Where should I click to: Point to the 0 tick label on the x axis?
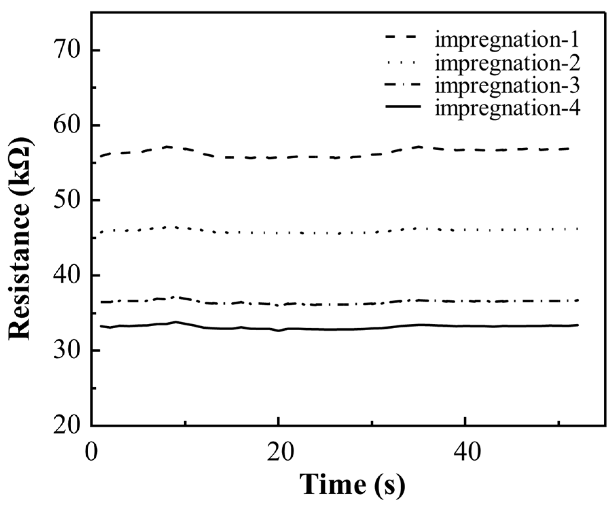[x=91, y=452]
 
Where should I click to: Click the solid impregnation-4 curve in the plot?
[x=340, y=329]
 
